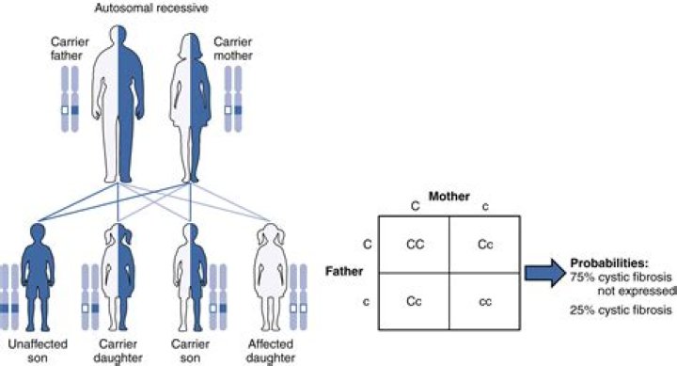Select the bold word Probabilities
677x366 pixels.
[x=609, y=262]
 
